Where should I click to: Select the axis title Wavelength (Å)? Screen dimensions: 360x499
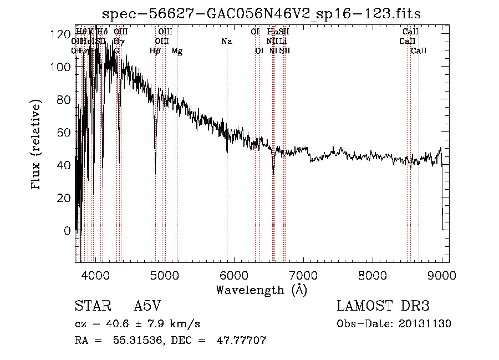[x=261, y=290]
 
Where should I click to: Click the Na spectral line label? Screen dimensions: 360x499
[x=226, y=42]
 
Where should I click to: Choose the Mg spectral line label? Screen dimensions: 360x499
[x=177, y=51]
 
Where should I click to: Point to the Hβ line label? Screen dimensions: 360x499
[x=155, y=51]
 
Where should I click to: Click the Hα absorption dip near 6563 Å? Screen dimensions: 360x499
[x=273, y=173]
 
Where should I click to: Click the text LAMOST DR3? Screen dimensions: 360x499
[x=383, y=306]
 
